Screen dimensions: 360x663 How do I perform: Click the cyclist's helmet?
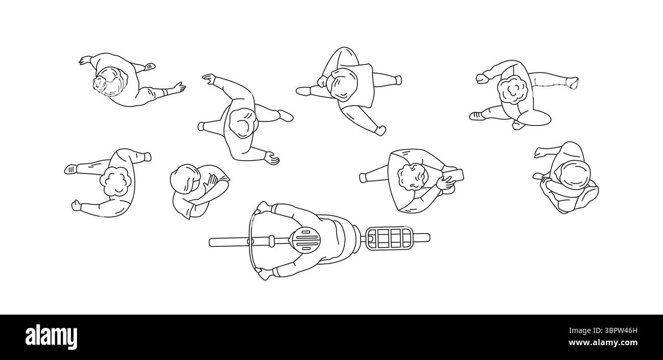[305, 239]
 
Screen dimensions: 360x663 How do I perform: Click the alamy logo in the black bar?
[52, 337]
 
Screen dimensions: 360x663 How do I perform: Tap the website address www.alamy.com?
[608, 343]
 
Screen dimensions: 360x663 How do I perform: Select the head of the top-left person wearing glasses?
[109, 82]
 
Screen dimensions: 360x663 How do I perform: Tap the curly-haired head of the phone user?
[412, 177]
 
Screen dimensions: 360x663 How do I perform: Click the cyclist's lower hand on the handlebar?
[263, 275]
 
